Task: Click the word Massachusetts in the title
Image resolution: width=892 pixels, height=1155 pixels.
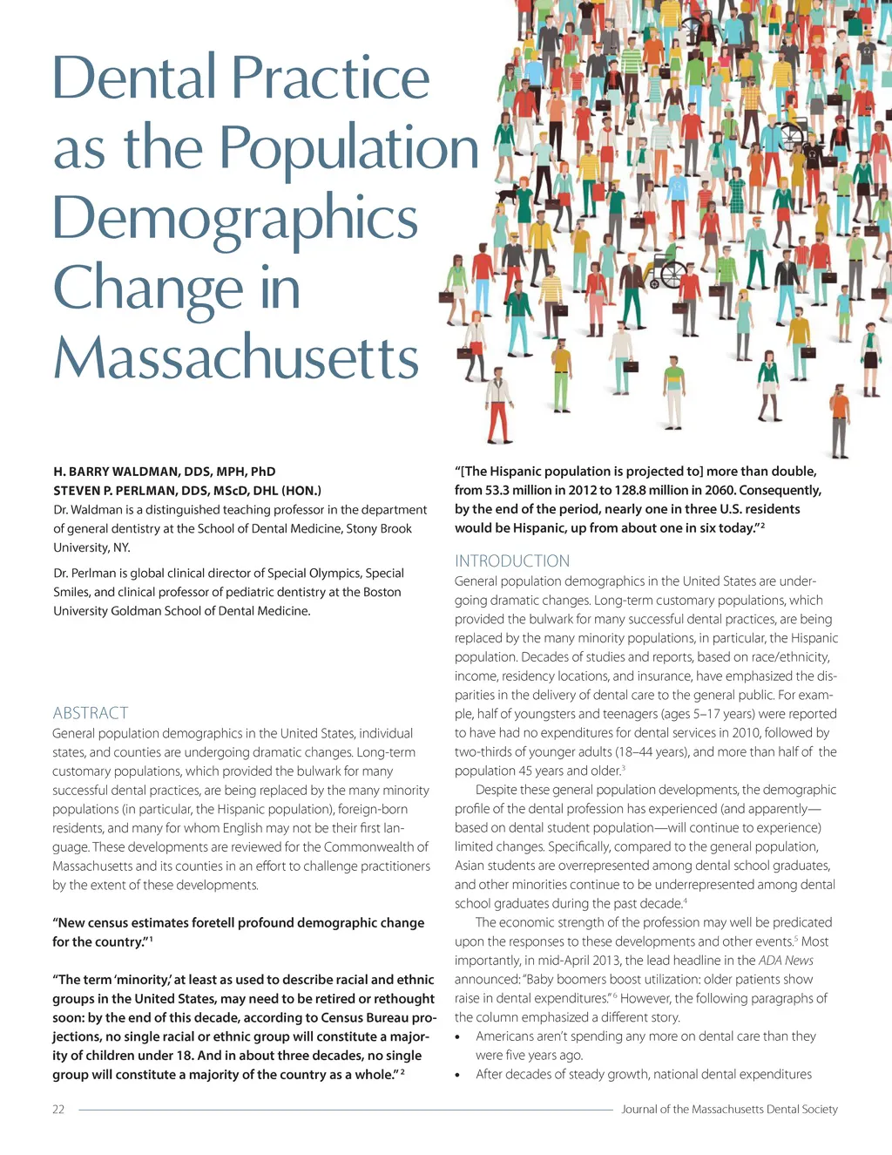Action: point(236,357)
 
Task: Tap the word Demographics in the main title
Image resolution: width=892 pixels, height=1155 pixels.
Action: point(235,218)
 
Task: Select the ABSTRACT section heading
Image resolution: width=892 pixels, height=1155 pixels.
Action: point(91,713)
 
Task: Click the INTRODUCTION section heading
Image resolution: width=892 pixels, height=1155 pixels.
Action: point(512,561)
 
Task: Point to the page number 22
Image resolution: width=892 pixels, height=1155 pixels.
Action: point(58,1110)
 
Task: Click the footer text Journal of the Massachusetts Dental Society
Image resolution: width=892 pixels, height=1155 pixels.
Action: point(729,1110)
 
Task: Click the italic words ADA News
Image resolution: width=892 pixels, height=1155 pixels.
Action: point(786,961)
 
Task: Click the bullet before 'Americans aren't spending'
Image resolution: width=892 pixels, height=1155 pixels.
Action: point(458,1037)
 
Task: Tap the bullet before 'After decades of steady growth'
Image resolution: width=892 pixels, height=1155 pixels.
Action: point(458,1076)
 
